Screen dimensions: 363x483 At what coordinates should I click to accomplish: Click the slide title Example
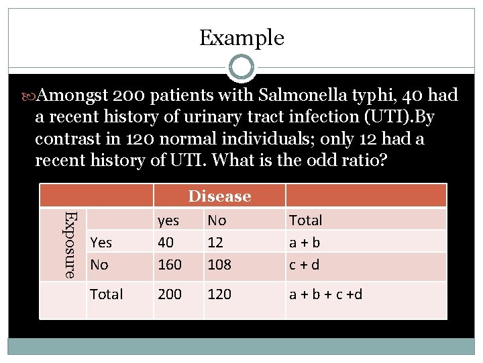pos(241,38)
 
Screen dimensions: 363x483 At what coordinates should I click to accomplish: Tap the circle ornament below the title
pos(241,67)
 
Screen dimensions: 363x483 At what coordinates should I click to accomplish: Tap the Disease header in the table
pos(219,196)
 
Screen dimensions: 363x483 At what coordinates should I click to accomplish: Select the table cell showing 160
pos(169,265)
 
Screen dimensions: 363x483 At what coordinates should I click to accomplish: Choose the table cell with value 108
pos(219,265)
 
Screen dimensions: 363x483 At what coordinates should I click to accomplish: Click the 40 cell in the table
pos(165,242)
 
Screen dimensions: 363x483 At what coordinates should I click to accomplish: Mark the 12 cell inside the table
pos(215,242)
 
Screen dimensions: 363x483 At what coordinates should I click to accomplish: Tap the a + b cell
pos(304,242)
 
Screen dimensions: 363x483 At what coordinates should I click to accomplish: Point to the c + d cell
pos(304,265)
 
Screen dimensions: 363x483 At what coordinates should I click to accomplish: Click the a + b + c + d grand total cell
pos(325,294)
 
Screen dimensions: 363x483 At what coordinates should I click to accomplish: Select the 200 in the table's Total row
pos(169,294)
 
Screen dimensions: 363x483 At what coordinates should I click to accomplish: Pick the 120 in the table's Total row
pos(219,294)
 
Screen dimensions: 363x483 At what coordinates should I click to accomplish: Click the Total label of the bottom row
pos(106,294)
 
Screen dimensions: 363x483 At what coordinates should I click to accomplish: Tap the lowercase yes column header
pos(168,220)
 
